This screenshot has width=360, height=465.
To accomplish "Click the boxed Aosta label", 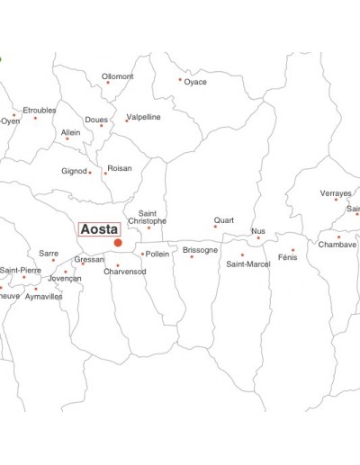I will point(99,229).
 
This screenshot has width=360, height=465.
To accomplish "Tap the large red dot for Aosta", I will point(118,243).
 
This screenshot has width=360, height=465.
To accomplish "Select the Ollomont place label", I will point(117,76).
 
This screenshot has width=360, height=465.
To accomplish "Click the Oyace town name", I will point(195,83).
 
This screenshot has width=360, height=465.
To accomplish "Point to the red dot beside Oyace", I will point(180,79).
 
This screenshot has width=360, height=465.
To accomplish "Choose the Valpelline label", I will point(144,117).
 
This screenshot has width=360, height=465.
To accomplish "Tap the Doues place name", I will point(96,120).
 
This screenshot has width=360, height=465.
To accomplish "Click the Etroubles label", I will point(39,110).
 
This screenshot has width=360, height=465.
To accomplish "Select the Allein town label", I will point(70,132).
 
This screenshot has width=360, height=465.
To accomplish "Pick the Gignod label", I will point(74,171).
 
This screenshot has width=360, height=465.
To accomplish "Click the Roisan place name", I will point(119,168).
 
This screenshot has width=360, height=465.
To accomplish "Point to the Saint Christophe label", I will point(147,217).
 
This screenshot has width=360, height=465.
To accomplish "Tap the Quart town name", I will point(223,220).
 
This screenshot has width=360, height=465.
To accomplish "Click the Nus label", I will point(258,231).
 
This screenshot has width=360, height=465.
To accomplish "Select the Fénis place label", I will point(287,257).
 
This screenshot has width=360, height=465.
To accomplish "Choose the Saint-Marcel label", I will point(247,264).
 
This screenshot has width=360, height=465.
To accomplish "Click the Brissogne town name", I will point(200,250).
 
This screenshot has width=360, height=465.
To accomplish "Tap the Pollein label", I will point(157,254).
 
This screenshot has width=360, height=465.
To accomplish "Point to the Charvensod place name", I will point(124,271).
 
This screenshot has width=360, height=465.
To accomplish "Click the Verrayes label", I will point(336,193).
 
